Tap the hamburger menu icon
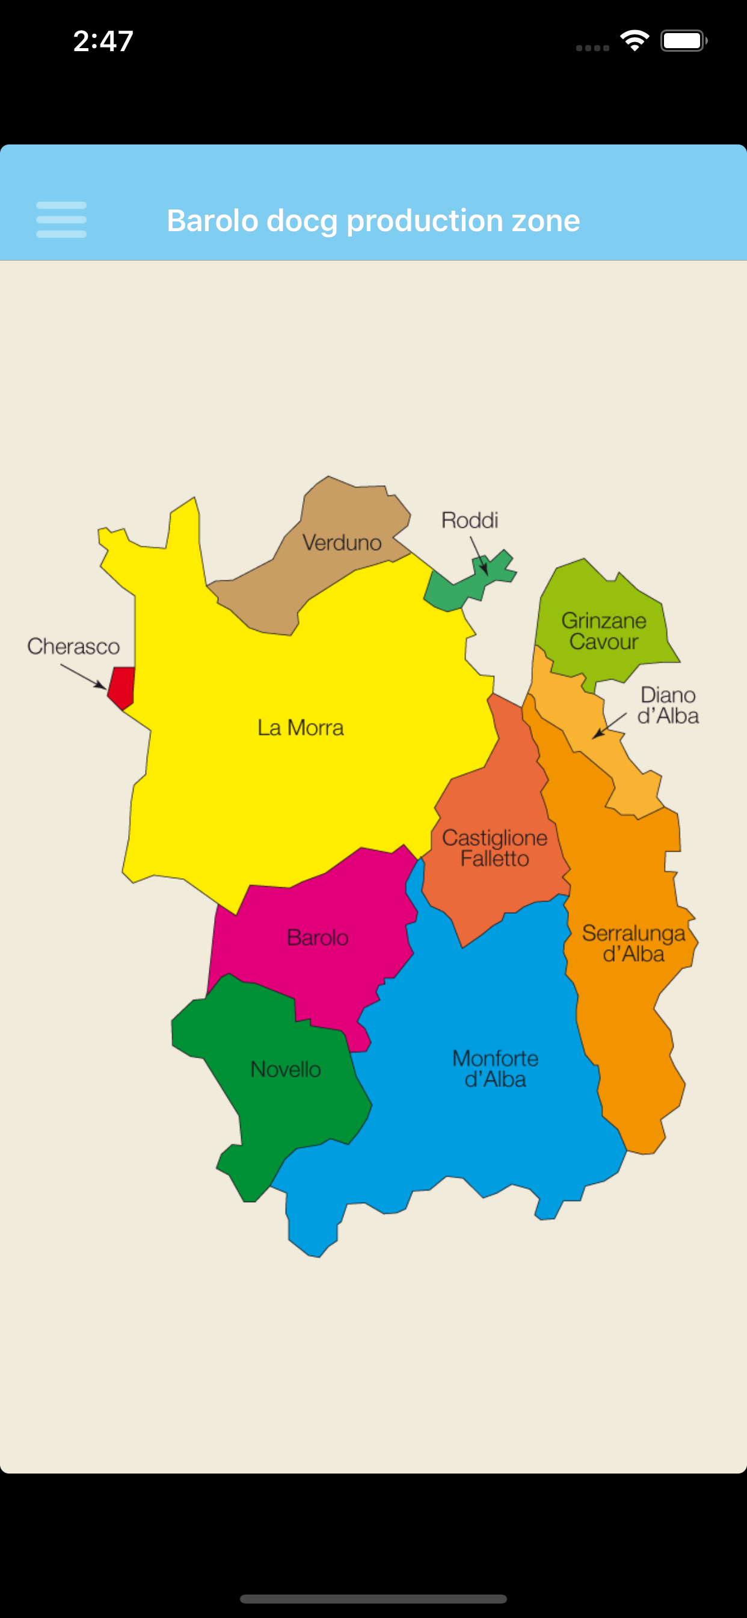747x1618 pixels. (61, 220)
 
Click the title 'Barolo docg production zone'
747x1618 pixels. (373, 220)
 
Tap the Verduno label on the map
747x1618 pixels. (342, 543)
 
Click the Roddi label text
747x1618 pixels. (470, 520)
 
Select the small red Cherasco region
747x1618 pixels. (121, 687)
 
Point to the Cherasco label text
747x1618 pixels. (73, 646)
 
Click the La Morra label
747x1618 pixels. (301, 727)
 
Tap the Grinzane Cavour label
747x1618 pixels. (604, 631)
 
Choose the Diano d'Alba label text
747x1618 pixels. (668, 705)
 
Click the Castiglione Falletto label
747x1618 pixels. (494, 848)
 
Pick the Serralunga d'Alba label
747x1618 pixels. (633, 943)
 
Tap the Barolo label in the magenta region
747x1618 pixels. (318, 938)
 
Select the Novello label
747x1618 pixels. (286, 1069)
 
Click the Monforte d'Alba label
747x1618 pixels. (495, 1068)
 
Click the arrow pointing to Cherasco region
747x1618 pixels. (84, 677)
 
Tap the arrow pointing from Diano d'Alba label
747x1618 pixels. (609, 726)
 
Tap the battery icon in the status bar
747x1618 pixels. (683, 42)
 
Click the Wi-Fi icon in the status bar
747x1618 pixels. (635, 41)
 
